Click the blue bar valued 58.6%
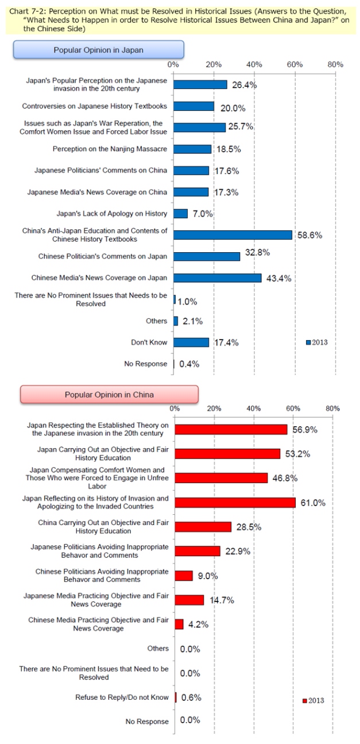pyautogui.click(x=233, y=234)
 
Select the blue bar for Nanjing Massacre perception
pyautogui.click(x=192, y=149)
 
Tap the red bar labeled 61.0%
pyautogui.click(x=235, y=502)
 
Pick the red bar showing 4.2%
pyautogui.click(x=179, y=623)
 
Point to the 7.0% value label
pyautogui.click(x=202, y=214)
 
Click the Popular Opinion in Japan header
pyautogui.click(x=98, y=50)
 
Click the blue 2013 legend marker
pyautogui.click(x=308, y=342)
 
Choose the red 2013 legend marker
pyautogui.click(x=304, y=700)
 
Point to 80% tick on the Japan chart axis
pyautogui.click(x=335, y=64)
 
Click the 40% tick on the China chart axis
pyautogui.click(x=254, y=408)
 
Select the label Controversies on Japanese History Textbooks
pyautogui.click(x=95, y=106)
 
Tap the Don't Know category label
pyautogui.click(x=149, y=342)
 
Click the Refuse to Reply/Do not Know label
pyautogui.click(x=122, y=697)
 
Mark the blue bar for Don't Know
pyautogui.click(x=191, y=342)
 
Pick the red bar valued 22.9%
pyautogui.click(x=198, y=551)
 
